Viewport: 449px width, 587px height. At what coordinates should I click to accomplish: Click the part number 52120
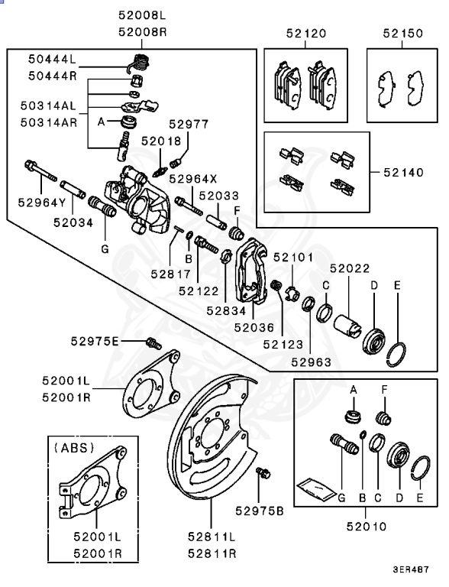click(x=305, y=34)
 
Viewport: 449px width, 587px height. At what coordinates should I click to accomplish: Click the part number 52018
click(x=160, y=141)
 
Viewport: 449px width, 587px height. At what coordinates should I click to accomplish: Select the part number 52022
click(x=349, y=268)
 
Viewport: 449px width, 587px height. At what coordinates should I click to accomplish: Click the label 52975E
click(x=116, y=341)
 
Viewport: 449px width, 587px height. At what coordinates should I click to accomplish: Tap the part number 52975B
click(x=260, y=510)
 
